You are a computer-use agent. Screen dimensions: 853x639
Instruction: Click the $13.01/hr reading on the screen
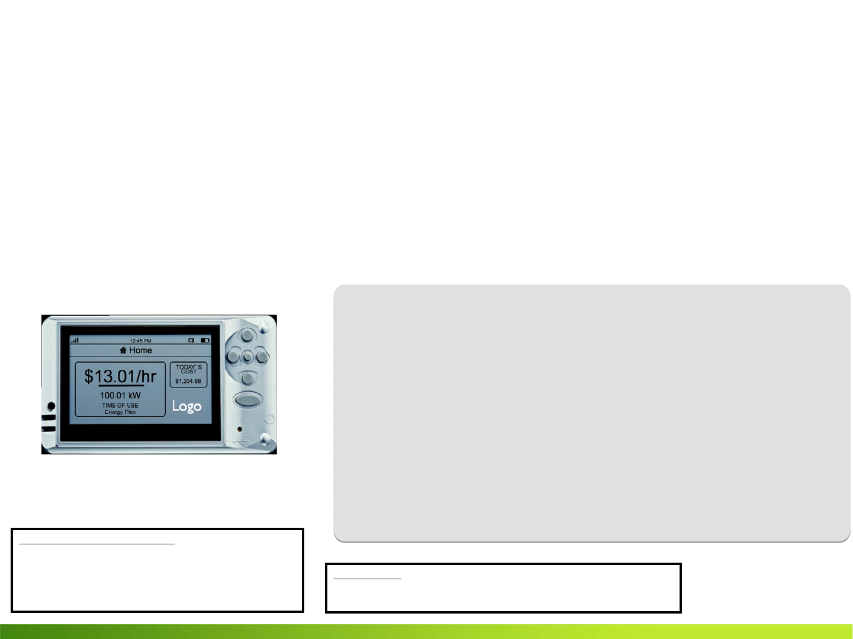tap(120, 376)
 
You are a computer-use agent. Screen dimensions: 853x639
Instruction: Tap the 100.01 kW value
tap(120, 395)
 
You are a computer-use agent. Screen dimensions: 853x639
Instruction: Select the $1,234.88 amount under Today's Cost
tap(188, 382)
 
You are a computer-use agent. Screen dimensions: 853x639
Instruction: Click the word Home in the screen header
tap(141, 350)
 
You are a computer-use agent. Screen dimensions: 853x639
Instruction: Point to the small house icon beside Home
tap(123, 350)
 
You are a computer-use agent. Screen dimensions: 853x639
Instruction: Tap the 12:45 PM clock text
tap(140, 341)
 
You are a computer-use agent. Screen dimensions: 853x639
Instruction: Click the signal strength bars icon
tap(75, 340)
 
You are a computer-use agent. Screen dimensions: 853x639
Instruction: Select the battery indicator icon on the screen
tap(205, 340)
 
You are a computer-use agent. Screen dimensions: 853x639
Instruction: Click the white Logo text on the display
tap(186, 406)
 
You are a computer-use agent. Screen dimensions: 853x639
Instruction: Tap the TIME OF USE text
tap(120, 405)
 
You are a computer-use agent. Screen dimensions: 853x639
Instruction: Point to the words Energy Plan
tap(120, 412)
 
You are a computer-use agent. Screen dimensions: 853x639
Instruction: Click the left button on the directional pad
tap(233, 357)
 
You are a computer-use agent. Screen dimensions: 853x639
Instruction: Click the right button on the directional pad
tap(262, 357)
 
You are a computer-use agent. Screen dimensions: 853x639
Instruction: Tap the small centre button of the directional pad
tap(247, 357)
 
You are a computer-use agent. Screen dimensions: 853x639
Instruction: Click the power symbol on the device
tap(270, 418)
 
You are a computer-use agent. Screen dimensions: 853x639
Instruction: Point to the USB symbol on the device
tap(239, 441)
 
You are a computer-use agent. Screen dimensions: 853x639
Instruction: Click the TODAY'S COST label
tap(188, 369)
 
